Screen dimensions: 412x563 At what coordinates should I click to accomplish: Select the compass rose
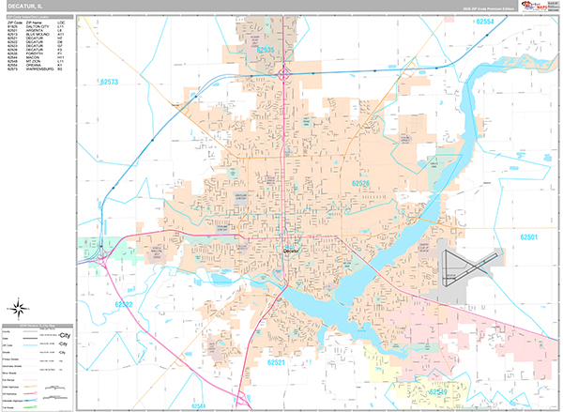[x=20, y=307]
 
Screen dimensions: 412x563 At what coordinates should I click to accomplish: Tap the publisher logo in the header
[x=540, y=7]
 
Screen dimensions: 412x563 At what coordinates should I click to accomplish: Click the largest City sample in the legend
[x=65, y=334]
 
